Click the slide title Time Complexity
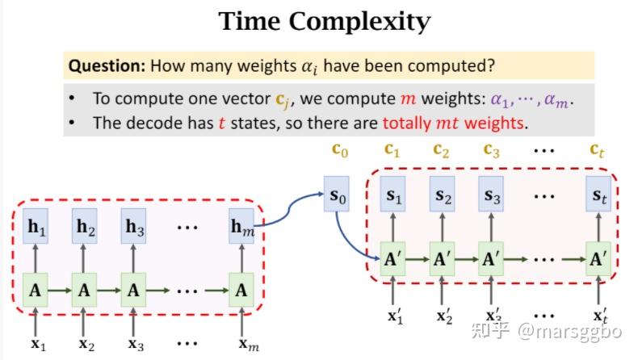point(325,21)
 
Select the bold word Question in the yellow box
point(107,65)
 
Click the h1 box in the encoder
point(36,226)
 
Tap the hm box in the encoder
point(241,226)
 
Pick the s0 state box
point(337,194)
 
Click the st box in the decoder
point(598,194)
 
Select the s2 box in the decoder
point(443,194)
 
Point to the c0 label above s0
point(340,150)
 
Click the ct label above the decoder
point(597,150)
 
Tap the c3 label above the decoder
point(491,150)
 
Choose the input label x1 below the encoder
point(38,344)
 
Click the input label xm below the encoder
point(248,344)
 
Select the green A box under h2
point(84,290)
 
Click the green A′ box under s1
point(392,259)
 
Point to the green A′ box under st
point(598,259)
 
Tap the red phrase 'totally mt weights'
point(452,123)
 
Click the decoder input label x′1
point(395,316)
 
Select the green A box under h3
point(133,290)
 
